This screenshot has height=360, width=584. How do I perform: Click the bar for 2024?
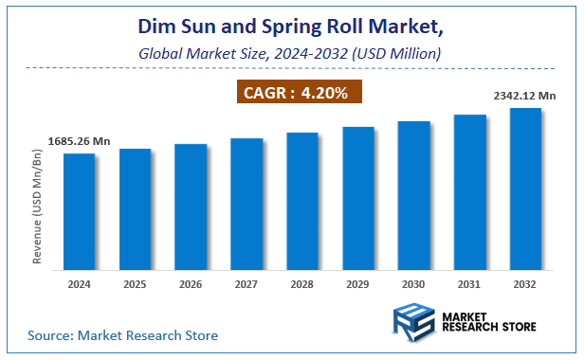click(79, 211)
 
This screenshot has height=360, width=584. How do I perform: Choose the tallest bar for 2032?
click(525, 189)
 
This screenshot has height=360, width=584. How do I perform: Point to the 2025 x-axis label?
click(135, 283)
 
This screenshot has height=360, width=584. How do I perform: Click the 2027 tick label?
click(246, 283)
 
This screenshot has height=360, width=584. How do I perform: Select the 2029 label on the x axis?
click(357, 283)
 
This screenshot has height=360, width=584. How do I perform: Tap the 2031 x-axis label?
click(469, 283)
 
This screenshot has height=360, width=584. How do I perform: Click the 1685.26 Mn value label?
click(80, 142)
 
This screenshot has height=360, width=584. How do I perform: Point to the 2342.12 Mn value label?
click(523, 96)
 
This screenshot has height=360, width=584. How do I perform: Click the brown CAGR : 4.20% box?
click(298, 93)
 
